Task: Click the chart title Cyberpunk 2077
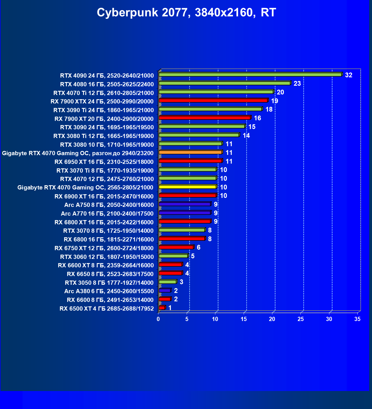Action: pos(186,13)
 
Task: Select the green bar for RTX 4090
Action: pos(250,74)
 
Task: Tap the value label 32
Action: pos(348,75)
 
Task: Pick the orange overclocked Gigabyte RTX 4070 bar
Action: pos(190,152)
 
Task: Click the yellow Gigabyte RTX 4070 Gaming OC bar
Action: pos(188,187)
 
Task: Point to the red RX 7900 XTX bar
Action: pos(213,101)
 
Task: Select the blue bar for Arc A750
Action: pos(185,204)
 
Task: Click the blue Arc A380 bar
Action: pos(165,290)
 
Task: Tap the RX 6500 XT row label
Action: pos(107,309)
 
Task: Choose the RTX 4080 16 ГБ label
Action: pos(107,84)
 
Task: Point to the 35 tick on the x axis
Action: pos(357,319)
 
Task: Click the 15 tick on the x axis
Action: pos(244,319)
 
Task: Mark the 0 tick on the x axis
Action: pos(158,319)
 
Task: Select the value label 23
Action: pos(297,83)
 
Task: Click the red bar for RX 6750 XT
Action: pos(176,247)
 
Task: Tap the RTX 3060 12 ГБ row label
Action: pos(107,257)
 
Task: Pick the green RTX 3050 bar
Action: pos(168,282)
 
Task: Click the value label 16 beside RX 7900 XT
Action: pos(257,118)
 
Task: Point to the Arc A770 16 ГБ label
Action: pos(107,214)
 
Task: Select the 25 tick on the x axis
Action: pos(301,319)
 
